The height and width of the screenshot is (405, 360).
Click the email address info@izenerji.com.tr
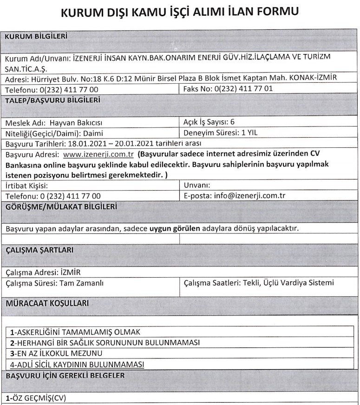[249, 195]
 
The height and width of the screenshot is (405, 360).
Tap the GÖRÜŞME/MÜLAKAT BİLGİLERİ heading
[61, 206]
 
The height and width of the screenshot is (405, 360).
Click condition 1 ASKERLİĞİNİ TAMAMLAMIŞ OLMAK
[75, 332]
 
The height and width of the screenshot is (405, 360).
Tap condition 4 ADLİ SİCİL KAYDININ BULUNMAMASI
[77, 364]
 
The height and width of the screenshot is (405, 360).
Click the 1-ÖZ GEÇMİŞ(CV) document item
[37, 398]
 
